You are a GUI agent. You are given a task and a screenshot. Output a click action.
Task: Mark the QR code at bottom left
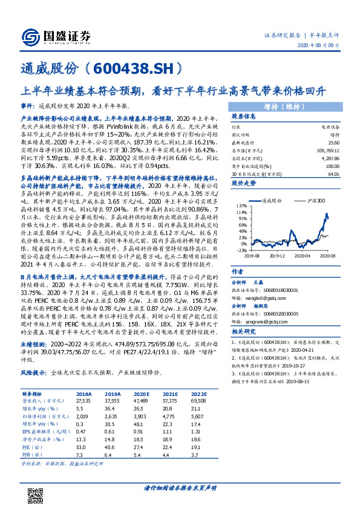click(34, 484)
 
